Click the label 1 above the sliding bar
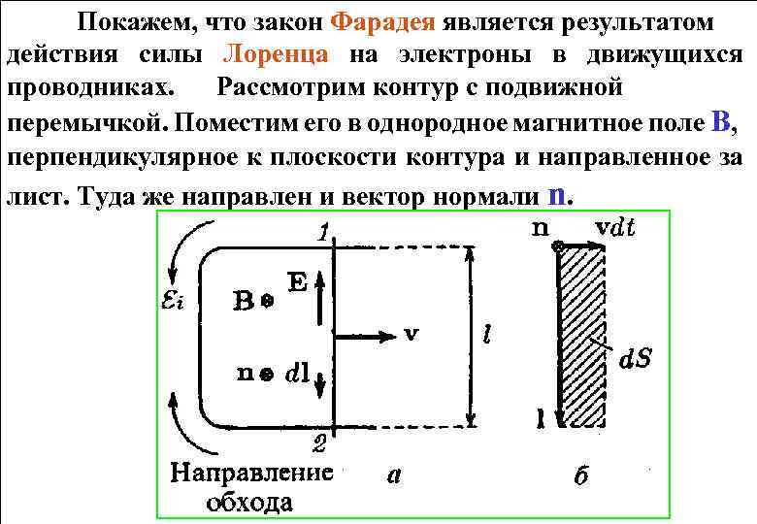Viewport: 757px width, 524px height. (x=323, y=233)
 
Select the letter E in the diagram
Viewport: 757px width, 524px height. (x=297, y=282)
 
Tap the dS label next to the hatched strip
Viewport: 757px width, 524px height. (x=635, y=358)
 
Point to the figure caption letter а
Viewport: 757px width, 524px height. (x=394, y=475)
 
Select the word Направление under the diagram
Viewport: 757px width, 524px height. (x=250, y=474)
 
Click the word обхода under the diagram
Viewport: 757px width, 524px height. (x=249, y=502)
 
